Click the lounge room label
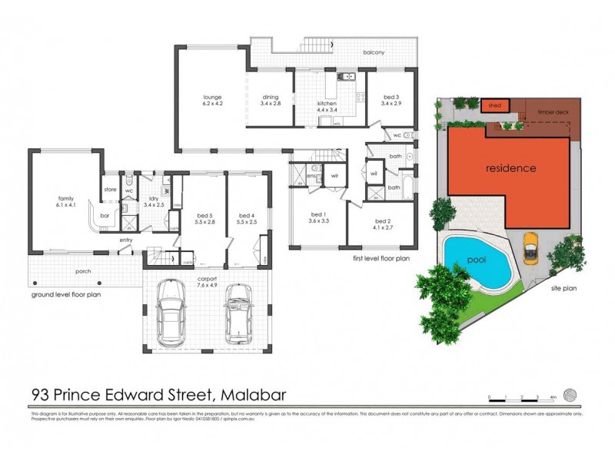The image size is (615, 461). [212, 98]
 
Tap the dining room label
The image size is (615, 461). [270, 98]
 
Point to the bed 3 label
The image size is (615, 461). [391, 98]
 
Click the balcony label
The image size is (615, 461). [374, 52]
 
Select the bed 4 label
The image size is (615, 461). [246, 215]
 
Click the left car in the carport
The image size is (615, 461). [171, 313]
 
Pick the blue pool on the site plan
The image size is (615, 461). [477, 261]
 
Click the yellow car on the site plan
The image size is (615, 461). [530, 247]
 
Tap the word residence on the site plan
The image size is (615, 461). [510, 167]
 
